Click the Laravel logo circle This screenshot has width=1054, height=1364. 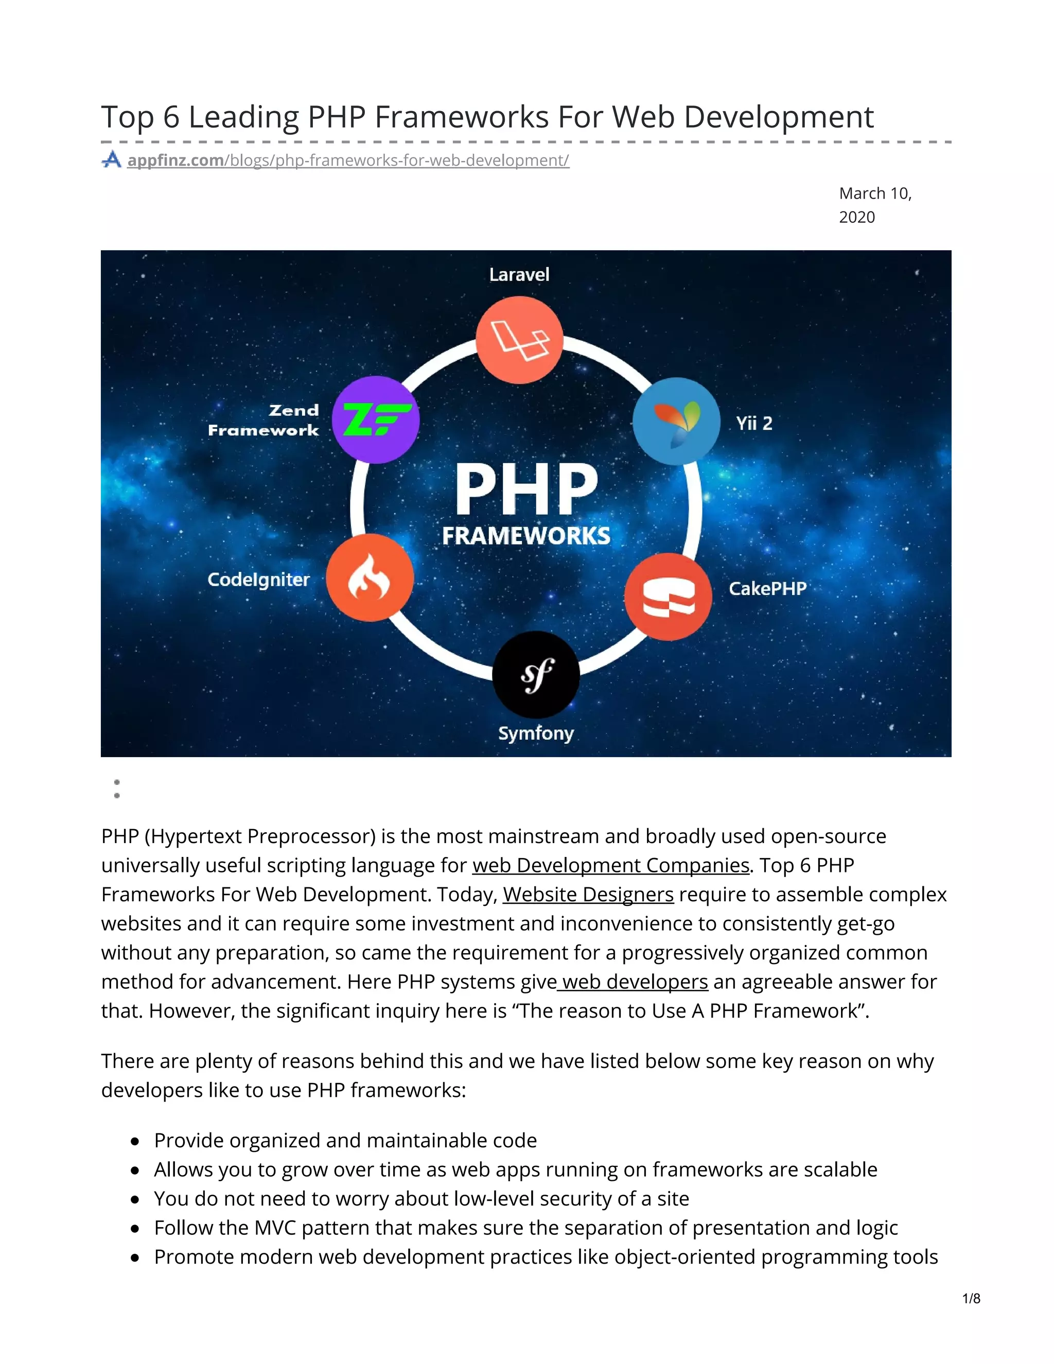point(519,340)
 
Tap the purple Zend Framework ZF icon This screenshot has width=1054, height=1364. point(375,419)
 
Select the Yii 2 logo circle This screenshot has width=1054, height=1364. point(676,421)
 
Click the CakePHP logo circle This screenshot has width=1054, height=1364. point(668,597)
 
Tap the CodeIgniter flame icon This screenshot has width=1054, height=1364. point(370,578)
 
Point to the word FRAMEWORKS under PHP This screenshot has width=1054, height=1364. point(526,536)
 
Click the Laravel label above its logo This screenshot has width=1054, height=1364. point(519,275)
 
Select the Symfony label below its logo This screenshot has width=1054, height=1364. point(536,733)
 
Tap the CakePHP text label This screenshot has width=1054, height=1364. point(767,588)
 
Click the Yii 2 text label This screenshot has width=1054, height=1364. point(753,424)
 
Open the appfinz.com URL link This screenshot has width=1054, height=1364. point(348,161)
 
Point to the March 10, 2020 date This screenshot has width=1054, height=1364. point(874,205)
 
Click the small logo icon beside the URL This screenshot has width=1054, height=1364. point(112,160)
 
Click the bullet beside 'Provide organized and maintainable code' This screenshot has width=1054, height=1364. point(135,1141)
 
